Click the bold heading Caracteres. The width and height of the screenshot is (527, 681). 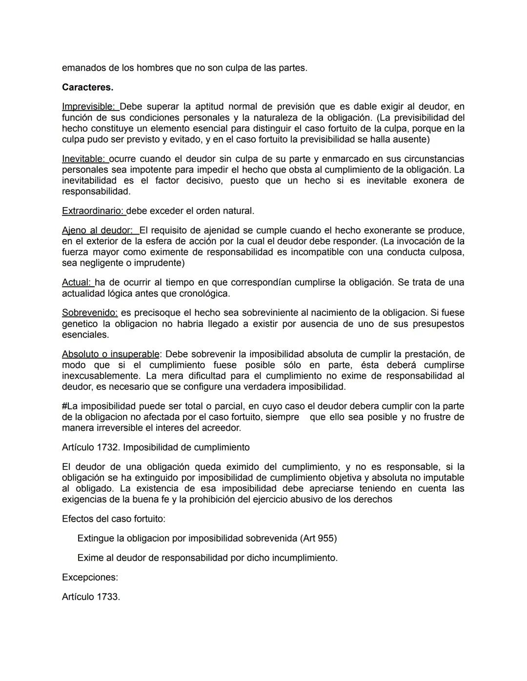[x=87, y=88]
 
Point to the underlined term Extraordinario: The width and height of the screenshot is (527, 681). [x=93, y=211]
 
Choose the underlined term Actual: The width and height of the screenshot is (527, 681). [x=77, y=283]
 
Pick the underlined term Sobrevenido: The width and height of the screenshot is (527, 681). [x=90, y=313]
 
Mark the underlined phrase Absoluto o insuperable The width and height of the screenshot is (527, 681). [x=110, y=354]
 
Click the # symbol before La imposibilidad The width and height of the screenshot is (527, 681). [x=64, y=407]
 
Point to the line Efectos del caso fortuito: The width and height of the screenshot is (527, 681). [x=113, y=519]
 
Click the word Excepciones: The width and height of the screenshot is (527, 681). [x=90, y=578]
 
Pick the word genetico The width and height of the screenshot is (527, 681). [x=80, y=324]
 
